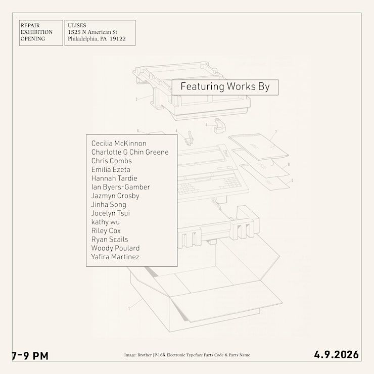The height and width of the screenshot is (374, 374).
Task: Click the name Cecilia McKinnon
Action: point(119,144)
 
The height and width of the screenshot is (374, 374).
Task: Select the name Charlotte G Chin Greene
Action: point(130,152)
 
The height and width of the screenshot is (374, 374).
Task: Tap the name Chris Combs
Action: point(112,161)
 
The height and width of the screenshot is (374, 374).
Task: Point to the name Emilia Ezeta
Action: point(111,169)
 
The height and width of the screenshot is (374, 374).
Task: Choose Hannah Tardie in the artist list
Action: point(114,178)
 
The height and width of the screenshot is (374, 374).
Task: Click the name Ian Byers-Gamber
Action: point(120,187)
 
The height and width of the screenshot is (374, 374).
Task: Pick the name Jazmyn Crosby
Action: point(115,196)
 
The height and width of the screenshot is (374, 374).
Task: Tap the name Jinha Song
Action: point(109,204)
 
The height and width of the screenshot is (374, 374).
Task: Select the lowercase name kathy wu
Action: point(106,222)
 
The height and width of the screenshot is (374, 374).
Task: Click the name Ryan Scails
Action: point(110,239)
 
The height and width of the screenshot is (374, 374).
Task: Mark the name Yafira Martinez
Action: point(115,257)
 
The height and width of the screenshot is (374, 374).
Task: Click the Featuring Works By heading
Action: point(225,87)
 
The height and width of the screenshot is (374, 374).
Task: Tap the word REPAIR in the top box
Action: point(30,25)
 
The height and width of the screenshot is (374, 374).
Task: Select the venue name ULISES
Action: point(77,25)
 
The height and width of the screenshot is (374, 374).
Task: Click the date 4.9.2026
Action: point(336,355)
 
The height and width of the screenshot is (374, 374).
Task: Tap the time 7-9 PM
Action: point(30,356)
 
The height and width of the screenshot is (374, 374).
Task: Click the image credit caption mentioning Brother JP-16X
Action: point(187,355)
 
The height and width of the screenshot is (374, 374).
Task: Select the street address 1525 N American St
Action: point(92,32)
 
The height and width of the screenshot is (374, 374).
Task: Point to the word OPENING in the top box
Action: point(33,39)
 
